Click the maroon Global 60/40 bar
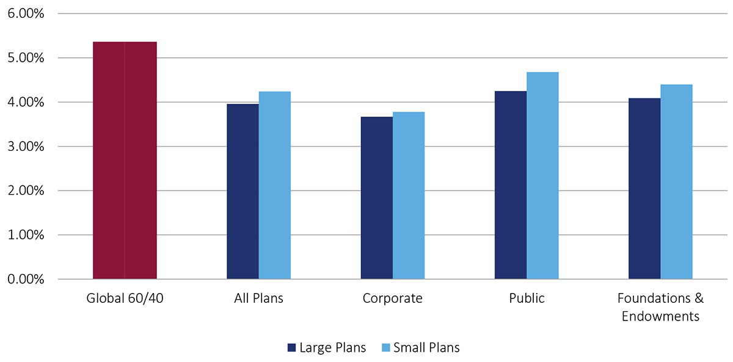(x=125, y=161)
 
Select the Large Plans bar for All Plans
(x=243, y=192)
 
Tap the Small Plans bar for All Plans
(x=274, y=186)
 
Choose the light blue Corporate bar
(x=408, y=195)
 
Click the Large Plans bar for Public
(x=510, y=185)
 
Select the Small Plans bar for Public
(x=542, y=176)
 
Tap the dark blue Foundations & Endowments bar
(x=644, y=189)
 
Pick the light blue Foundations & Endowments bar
(x=676, y=182)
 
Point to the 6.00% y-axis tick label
(x=26, y=13)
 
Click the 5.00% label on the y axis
(x=26, y=58)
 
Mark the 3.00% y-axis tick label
(x=26, y=147)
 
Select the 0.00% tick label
(x=26, y=279)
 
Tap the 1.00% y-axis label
(x=26, y=235)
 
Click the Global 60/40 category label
(x=125, y=299)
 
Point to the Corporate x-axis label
(x=392, y=299)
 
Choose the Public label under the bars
(x=526, y=299)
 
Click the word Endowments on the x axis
(x=660, y=316)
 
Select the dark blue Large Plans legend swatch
(x=291, y=348)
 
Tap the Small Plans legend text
(x=426, y=348)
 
